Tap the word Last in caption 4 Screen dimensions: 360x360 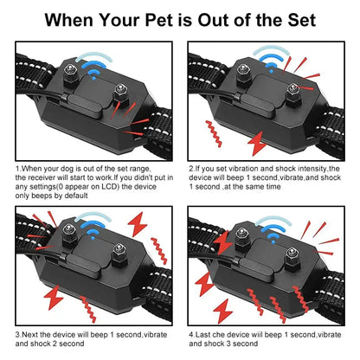207,333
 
